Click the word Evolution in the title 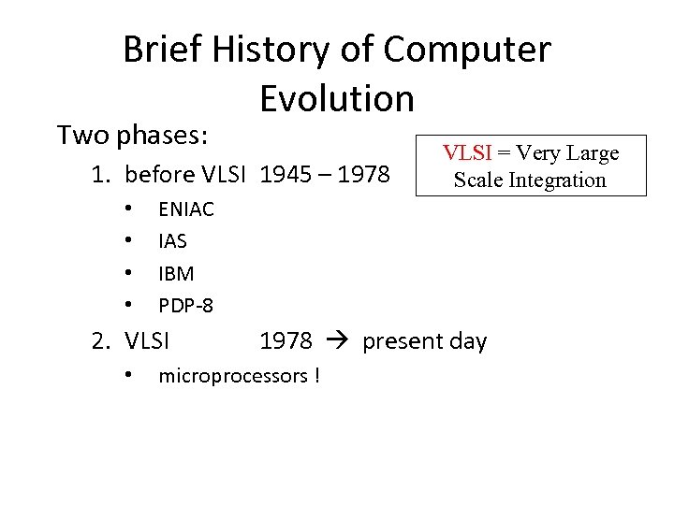tap(337, 97)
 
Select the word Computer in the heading tap(469, 50)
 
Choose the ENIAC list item tap(186, 209)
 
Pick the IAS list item tap(173, 241)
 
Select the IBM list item tap(176, 273)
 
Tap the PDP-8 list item tap(185, 305)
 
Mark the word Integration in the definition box tap(560, 180)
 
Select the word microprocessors tap(233, 376)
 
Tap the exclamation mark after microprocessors tap(317, 376)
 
